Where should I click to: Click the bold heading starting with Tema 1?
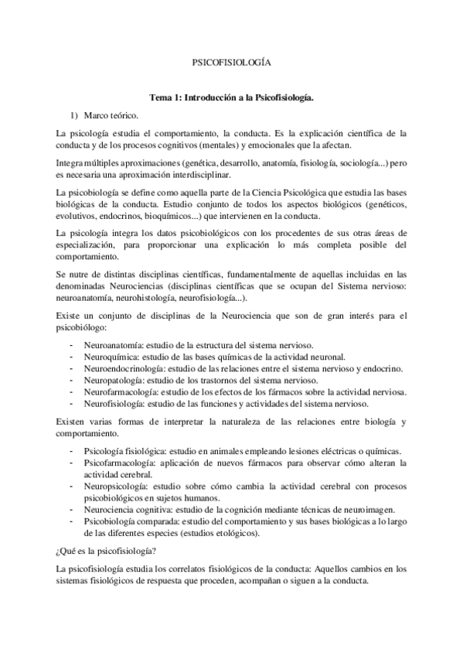[231, 99]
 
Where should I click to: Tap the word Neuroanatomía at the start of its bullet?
[118, 345]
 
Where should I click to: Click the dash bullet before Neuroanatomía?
[72, 345]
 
